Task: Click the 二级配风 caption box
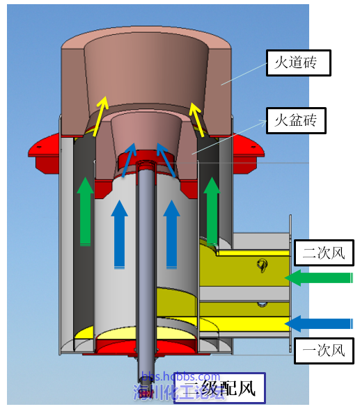(217, 389)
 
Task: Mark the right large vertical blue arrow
(171, 234)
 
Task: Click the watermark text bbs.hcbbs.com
(181, 377)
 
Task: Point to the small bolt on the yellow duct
(263, 265)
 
